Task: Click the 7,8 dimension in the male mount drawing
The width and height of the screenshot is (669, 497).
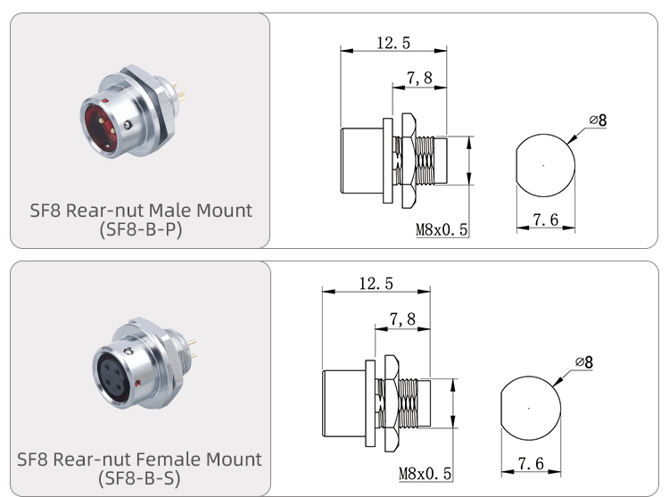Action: coord(418,79)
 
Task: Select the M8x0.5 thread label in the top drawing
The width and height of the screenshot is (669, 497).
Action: coord(442,230)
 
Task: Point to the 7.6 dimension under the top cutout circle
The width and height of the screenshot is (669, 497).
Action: coord(546,220)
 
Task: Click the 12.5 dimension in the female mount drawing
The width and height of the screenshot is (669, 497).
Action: coord(376,283)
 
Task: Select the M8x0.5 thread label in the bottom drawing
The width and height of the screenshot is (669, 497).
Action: coord(425,473)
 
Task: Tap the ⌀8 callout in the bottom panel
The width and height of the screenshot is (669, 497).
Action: coord(584,361)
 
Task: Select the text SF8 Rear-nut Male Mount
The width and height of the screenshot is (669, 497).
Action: coord(140,211)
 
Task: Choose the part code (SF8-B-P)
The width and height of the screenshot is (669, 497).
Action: coord(140,229)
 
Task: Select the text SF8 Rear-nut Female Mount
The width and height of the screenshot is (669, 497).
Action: coord(140,460)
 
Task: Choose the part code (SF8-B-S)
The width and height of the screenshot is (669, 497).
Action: coord(140,478)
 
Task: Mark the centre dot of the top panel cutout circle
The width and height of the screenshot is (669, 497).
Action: coord(544,165)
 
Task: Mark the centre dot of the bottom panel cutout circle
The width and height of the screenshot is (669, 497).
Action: coord(528,409)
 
